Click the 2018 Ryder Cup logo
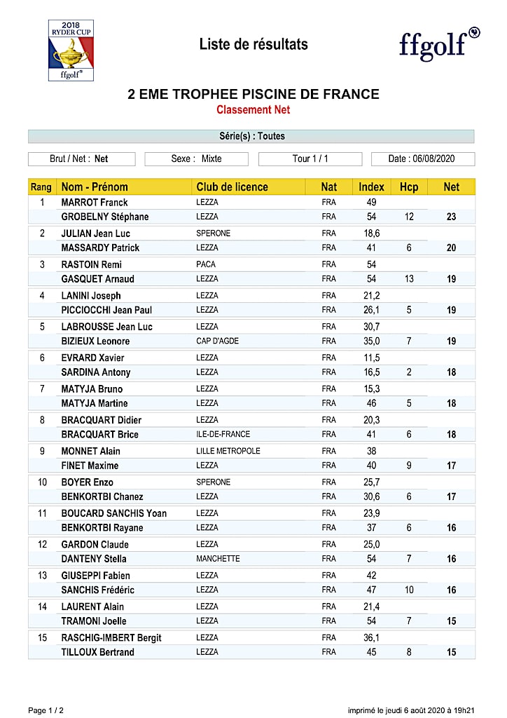click(x=71, y=50)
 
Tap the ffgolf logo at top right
click(x=439, y=43)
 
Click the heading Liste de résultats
click(x=253, y=44)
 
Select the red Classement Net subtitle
click(x=253, y=110)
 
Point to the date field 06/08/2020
click(x=422, y=158)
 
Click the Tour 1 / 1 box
click(x=310, y=158)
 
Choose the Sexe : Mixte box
click(x=196, y=158)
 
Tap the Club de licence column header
click(x=232, y=187)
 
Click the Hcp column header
click(x=409, y=187)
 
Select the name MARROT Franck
click(x=95, y=203)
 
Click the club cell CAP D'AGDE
click(x=218, y=341)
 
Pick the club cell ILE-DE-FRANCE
click(x=223, y=435)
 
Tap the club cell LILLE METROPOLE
click(x=228, y=451)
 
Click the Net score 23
click(x=452, y=217)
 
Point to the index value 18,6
click(x=371, y=233)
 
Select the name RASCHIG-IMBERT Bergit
click(x=111, y=637)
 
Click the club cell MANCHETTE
click(x=218, y=559)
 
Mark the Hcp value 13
click(x=409, y=279)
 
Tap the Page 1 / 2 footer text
click(x=46, y=710)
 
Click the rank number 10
click(x=42, y=482)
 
